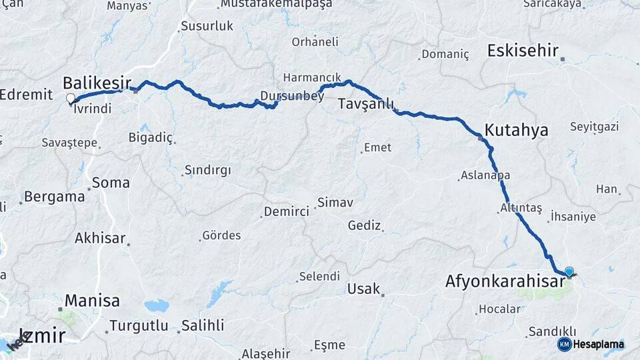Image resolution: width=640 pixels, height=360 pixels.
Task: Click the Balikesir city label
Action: pyautogui.click(x=97, y=83)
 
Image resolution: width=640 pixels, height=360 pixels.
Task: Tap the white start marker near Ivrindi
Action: pyautogui.click(x=71, y=99)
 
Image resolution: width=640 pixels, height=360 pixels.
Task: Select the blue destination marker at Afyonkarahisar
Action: pyautogui.click(x=569, y=271)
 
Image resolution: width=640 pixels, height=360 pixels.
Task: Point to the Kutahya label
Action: pyautogui.click(x=517, y=130)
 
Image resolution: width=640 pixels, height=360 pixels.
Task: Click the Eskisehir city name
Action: pyautogui.click(x=523, y=51)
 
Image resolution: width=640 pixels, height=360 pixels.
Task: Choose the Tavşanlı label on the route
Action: pyautogui.click(x=366, y=105)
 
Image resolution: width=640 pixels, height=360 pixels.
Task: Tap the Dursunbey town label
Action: pyautogui.click(x=292, y=96)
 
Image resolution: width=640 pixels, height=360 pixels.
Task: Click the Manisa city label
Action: pyautogui.click(x=93, y=300)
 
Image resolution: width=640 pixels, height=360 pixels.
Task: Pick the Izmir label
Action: pyautogui.click(x=42, y=335)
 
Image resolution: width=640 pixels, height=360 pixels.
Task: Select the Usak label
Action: pyautogui.click(x=363, y=289)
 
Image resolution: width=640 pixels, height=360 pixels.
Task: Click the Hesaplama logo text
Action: pyautogui.click(x=599, y=344)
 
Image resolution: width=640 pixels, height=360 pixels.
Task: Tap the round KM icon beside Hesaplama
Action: pyautogui.click(x=565, y=344)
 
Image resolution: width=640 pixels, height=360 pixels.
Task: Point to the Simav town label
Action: pyautogui.click(x=335, y=201)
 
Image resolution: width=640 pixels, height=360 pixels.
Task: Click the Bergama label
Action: pyautogui.click(x=54, y=197)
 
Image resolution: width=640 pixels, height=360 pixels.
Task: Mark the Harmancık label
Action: pyautogui.click(x=312, y=77)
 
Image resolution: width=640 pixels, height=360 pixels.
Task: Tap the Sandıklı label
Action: pyautogui.click(x=551, y=331)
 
